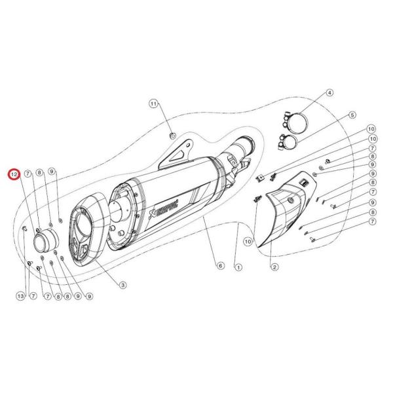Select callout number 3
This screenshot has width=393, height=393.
[122, 284]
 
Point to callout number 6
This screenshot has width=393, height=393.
[220, 267]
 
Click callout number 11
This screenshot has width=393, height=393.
[153, 103]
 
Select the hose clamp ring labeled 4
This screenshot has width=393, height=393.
[299, 121]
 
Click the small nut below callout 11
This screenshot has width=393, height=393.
[172, 136]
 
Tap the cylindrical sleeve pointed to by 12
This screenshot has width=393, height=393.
[45, 244]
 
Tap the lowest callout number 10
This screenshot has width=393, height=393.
[248, 242]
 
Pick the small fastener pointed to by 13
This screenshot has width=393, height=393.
[24, 229]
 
